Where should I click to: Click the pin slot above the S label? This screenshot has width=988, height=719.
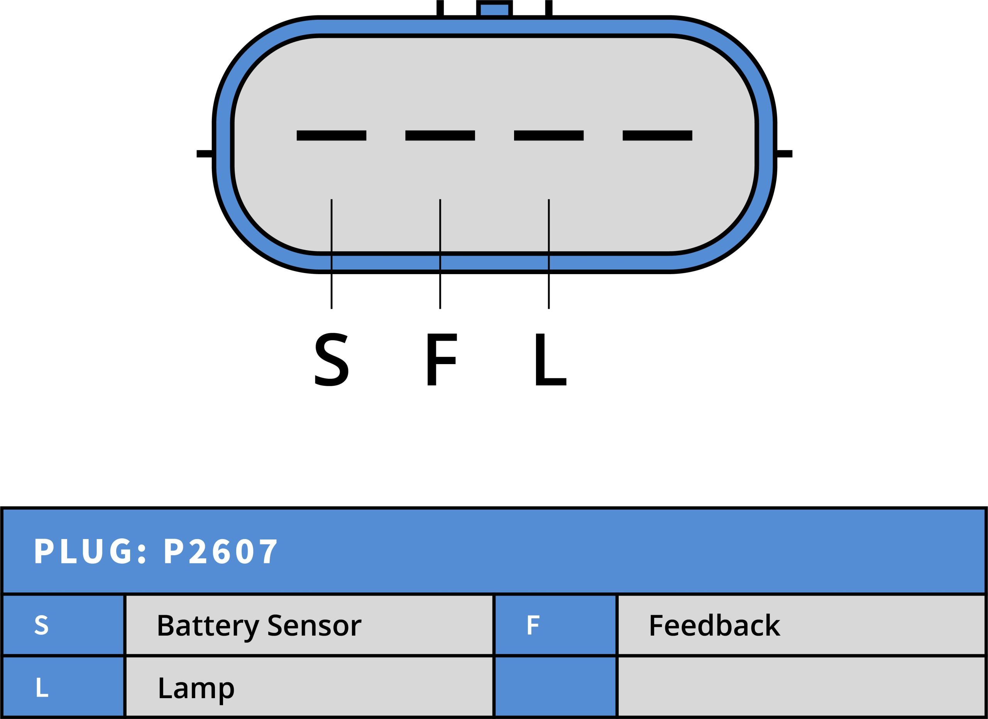[331, 136]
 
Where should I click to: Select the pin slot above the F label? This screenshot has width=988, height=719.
[440, 136]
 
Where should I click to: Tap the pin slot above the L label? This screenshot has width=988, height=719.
[548, 136]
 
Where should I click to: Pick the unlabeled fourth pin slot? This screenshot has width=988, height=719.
[657, 136]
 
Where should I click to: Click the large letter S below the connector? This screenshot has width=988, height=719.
[331, 359]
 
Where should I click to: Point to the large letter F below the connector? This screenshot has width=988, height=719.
[441, 359]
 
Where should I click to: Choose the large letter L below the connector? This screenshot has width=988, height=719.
[550, 359]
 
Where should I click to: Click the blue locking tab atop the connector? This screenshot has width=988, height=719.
[494, 9]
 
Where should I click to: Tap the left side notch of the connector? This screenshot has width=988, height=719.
[205, 153]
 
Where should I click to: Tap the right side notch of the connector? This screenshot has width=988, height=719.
[784, 153]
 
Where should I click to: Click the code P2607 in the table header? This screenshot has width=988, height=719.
[220, 552]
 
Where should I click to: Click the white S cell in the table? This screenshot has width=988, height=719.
[41, 625]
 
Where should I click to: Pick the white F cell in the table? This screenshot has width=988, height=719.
[533, 625]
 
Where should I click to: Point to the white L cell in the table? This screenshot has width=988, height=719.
[42, 688]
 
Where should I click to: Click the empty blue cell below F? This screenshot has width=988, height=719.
[555, 687]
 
